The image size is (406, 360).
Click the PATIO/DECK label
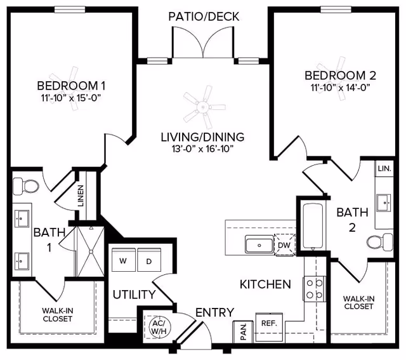click(204, 17)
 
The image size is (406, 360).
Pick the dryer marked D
click(149, 260)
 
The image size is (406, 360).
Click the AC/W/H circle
click(157, 326)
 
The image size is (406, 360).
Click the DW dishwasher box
click(284, 244)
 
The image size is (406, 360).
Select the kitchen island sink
click(258, 244)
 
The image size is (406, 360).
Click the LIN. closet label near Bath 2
click(384, 169)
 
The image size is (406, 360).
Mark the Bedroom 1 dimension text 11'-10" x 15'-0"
click(70, 98)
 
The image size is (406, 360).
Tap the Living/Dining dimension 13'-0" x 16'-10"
click(202, 150)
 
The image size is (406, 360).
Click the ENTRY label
click(214, 312)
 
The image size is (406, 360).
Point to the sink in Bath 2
click(384, 203)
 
